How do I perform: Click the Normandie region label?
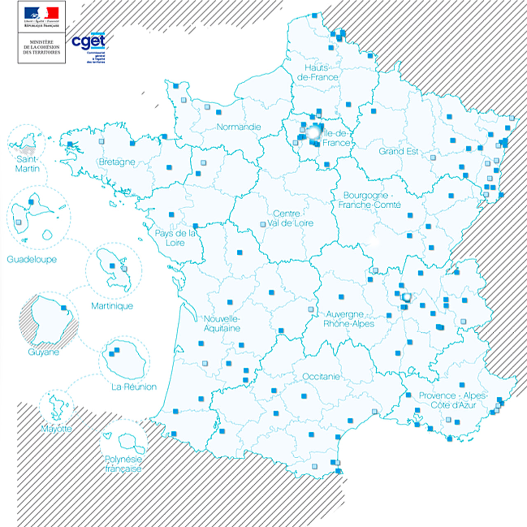239,127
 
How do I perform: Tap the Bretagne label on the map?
117,162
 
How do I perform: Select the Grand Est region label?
398,152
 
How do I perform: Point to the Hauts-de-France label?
317,72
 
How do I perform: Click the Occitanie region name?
321,376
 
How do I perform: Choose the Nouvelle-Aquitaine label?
222,324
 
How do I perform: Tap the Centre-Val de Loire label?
290,219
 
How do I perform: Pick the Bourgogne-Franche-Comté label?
369,200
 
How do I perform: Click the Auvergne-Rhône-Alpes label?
348,319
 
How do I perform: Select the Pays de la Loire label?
175,238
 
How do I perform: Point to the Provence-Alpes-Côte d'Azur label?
453,400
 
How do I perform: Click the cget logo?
89,42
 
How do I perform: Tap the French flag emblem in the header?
42,13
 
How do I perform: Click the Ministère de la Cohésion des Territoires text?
42,47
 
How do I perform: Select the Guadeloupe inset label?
32,259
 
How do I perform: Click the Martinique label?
112,306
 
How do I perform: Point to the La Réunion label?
134,387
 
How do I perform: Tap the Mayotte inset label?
56,429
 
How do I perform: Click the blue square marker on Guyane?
64,308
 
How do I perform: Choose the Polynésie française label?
123,464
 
